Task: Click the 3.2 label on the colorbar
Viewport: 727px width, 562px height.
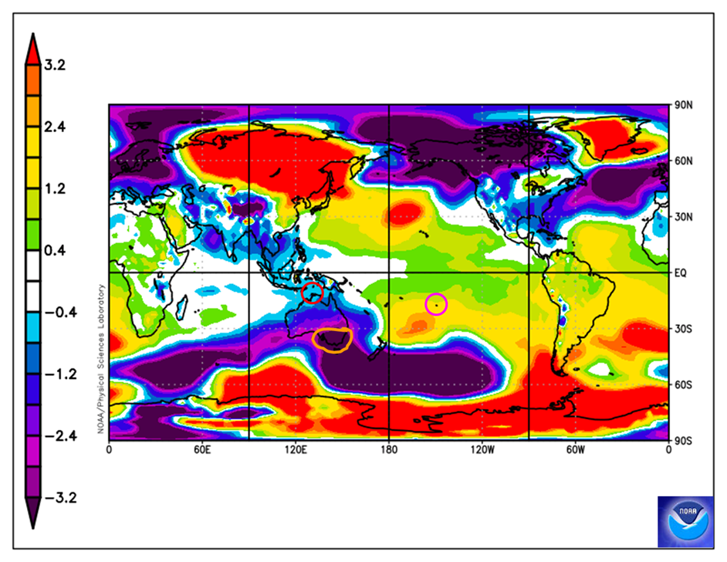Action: (55, 66)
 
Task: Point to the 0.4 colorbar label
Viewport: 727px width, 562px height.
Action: (55, 251)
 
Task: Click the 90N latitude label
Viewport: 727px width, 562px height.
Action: (682, 106)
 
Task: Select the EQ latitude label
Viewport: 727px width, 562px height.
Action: (679, 273)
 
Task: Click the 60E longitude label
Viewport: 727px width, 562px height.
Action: (202, 449)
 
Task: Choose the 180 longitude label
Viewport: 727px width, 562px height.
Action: (388, 449)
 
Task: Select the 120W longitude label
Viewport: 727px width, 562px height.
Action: (481, 449)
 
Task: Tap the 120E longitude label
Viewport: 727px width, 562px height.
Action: (296, 449)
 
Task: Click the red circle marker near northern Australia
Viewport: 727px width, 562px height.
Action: (312, 293)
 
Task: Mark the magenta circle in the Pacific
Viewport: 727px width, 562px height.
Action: (436, 304)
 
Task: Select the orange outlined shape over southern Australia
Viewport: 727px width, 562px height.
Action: (333, 340)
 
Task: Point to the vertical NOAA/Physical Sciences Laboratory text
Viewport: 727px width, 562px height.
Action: (101, 357)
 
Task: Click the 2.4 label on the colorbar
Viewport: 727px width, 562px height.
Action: (55, 127)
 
